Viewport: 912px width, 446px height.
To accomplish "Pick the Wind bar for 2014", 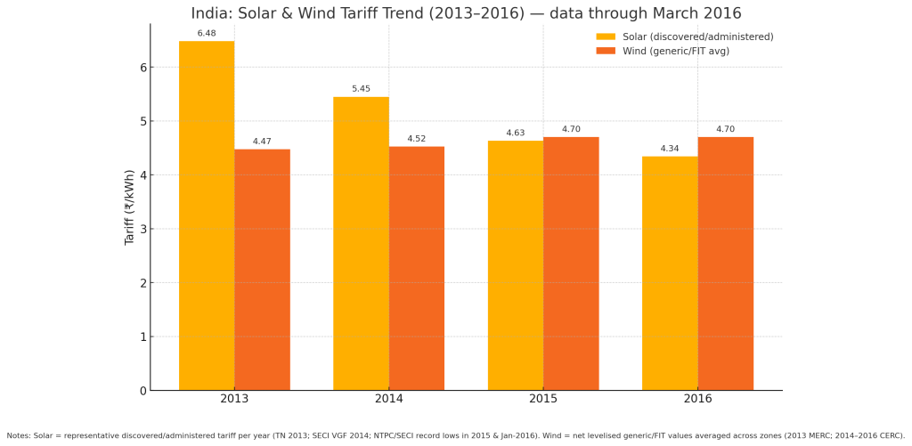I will [x=417, y=268].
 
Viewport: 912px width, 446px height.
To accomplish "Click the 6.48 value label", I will [x=207, y=34].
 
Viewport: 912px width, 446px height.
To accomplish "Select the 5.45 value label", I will [x=361, y=89].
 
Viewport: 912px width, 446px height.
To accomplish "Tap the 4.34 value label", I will [x=670, y=149].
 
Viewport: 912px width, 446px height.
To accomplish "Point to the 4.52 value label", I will [x=417, y=139].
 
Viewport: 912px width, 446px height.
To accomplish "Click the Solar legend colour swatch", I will [x=606, y=36].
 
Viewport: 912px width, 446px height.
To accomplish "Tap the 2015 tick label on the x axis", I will [x=543, y=399].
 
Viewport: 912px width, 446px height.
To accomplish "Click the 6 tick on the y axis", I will [x=142, y=68].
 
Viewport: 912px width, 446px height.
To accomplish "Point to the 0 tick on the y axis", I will [x=142, y=391].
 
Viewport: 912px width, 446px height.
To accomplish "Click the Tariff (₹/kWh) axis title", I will [x=130, y=207].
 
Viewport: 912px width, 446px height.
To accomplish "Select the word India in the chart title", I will [x=210, y=13].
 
